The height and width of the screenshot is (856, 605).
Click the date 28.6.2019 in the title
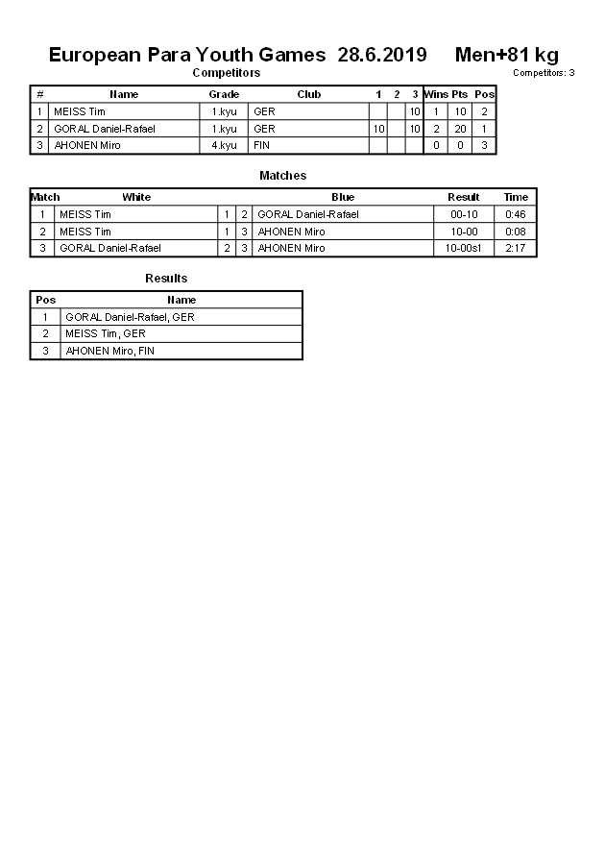click(382, 55)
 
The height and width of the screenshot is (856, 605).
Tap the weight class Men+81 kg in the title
click(506, 55)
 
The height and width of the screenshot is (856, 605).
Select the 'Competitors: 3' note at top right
click(544, 73)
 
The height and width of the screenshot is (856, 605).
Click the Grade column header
click(224, 94)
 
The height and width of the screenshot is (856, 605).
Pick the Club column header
click(308, 94)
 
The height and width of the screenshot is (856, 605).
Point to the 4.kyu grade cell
click(224, 145)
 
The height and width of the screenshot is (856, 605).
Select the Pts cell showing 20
click(460, 129)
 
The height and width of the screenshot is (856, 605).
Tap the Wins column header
click(435, 94)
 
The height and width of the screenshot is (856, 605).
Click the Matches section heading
click(282, 176)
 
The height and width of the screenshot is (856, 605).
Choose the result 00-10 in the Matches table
click(464, 214)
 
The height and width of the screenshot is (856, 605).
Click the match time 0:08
click(516, 232)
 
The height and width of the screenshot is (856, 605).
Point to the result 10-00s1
click(464, 248)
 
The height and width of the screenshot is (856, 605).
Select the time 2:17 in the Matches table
click(516, 248)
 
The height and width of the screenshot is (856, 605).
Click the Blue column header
click(343, 197)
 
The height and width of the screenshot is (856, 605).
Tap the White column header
click(136, 197)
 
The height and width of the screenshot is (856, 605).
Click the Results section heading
click(166, 279)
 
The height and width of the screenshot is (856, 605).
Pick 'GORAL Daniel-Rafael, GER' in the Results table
click(130, 317)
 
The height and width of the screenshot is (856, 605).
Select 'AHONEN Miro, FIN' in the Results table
click(109, 351)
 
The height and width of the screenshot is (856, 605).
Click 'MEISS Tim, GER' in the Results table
click(106, 333)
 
